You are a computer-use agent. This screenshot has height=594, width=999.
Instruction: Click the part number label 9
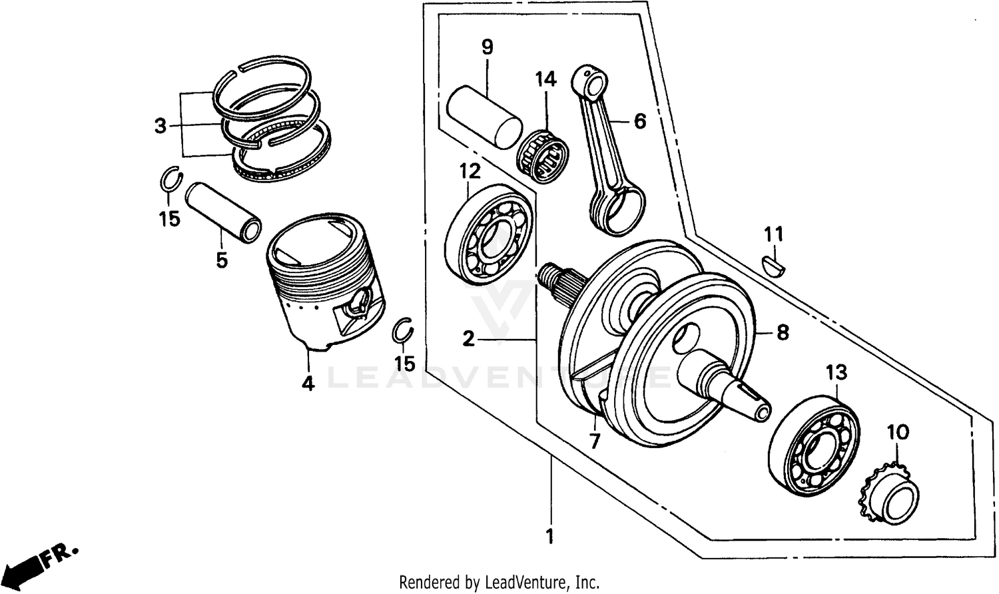(487, 47)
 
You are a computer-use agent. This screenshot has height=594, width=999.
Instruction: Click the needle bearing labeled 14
(545, 158)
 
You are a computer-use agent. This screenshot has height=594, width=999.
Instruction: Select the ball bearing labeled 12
(489, 235)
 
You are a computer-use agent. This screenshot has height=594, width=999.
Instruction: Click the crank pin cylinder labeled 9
(484, 114)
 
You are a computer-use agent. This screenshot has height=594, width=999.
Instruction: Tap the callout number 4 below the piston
(308, 384)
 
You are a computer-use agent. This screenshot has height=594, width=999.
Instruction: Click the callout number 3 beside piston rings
(160, 125)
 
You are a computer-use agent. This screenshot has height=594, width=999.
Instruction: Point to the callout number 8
(782, 332)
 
